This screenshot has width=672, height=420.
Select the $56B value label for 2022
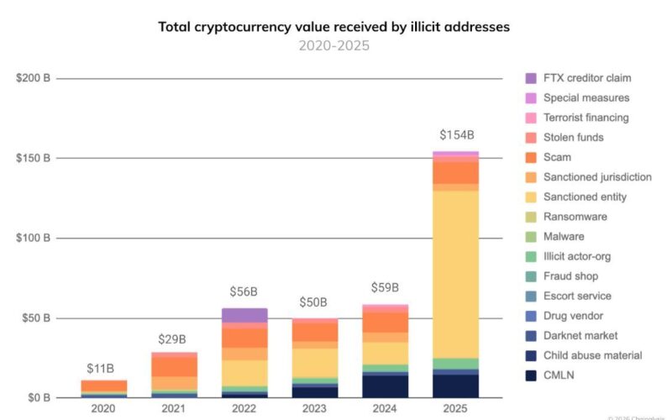pyautogui.click(x=244, y=291)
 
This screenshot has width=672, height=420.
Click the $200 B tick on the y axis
pyautogui.click(x=34, y=79)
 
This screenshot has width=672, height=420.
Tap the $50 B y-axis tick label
pyautogui.click(x=34, y=318)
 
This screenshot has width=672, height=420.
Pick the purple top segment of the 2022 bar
pyautogui.click(x=245, y=315)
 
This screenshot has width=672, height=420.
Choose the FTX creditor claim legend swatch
pyautogui.click(x=531, y=78)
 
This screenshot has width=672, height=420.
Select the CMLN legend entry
pyautogui.click(x=559, y=375)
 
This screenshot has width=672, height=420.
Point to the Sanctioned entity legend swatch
pyautogui.click(x=531, y=197)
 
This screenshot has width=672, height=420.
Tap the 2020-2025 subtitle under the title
pyautogui.click(x=333, y=45)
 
